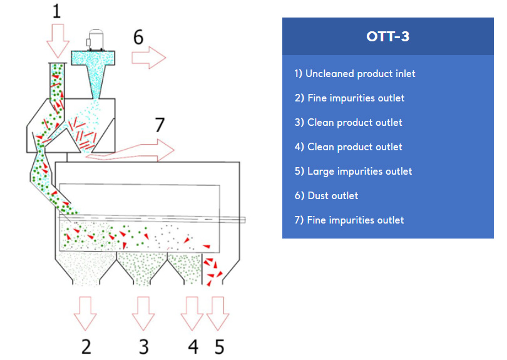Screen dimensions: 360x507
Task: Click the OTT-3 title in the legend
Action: click(x=388, y=36)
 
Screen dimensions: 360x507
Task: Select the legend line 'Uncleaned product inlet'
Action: click(x=355, y=74)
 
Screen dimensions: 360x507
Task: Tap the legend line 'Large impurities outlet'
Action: click(x=353, y=172)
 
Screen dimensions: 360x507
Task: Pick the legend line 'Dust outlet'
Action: click(x=326, y=196)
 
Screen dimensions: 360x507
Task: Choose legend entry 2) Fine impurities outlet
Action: click(x=349, y=98)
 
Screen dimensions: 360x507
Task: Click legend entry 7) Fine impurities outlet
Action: click(x=349, y=220)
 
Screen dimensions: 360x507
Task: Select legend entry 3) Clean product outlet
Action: click(x=348, y=123)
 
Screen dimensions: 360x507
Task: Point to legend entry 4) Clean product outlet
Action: click(x=348, y=147)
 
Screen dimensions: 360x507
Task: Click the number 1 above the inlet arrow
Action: click(x=57, y=11)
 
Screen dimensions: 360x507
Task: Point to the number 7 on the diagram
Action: click(x=159, y=125)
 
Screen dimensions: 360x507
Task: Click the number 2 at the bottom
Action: click(x=86, y=346)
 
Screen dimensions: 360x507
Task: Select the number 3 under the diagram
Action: click(x=144, y=346)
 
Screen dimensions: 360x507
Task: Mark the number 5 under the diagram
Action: click(x=219, y=346)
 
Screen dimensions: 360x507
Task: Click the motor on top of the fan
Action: click(x=96, y=39)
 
